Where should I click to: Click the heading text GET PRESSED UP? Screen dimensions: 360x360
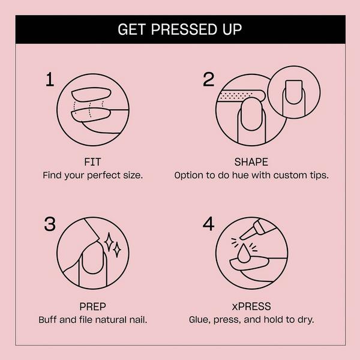180,29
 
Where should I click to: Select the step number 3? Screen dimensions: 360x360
50,224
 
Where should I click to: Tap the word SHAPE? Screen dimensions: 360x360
251,162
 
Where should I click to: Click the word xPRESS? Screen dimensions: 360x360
251,305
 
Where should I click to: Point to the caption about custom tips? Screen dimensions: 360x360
251,176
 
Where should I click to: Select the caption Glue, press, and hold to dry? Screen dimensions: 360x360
251,319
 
